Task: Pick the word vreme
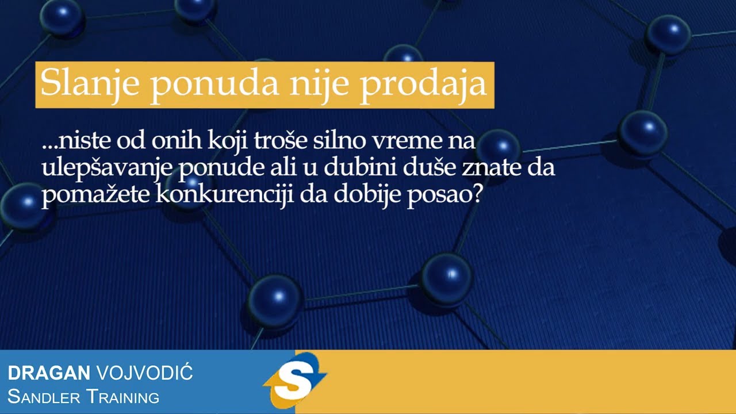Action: [x=393, y=141]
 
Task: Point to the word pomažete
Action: [x=95, y=196]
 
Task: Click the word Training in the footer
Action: [x=122, y=396]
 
